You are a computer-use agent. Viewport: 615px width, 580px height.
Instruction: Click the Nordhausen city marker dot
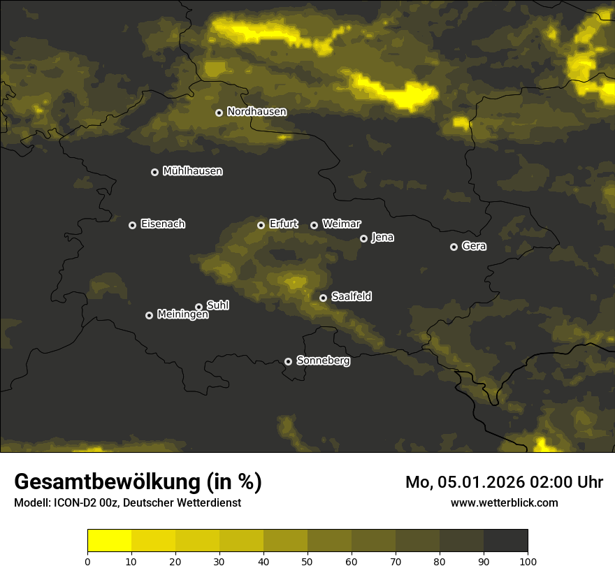click(x=219, y=113)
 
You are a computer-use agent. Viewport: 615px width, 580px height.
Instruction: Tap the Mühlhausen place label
click(x=192, y=171)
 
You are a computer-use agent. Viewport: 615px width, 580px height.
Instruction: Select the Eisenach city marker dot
click(x=132, y=225)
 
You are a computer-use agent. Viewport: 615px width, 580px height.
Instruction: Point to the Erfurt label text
click(x=283, y=224)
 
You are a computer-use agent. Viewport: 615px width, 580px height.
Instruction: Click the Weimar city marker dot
click(x=314, y=225)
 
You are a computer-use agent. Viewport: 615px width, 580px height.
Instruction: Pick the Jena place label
click(x=382, y=238)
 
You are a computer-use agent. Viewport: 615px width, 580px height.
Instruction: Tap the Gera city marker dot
click(x=454, y=247)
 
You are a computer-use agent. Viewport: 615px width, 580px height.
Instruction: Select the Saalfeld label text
click(x=351, y=297)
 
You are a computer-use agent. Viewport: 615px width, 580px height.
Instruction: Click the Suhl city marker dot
click(x=198, y=307)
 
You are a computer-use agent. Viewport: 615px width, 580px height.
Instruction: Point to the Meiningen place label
click(x=182, y=315)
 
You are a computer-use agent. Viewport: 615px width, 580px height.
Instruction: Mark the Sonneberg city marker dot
click(x=288, y=361)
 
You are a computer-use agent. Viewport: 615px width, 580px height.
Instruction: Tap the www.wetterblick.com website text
click(x=505, y=502)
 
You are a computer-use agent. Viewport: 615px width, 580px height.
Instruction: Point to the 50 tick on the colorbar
click(x=307, y=560)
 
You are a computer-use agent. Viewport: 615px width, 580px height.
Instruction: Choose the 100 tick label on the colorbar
click(x=528, y=560)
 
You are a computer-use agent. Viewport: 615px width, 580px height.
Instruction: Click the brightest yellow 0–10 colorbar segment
click(x=109, y=541)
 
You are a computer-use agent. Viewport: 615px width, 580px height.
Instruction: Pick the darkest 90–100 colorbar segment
click(x=505, y=541)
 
